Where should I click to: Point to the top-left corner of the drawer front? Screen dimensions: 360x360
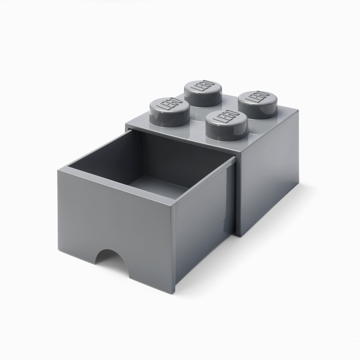58,170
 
